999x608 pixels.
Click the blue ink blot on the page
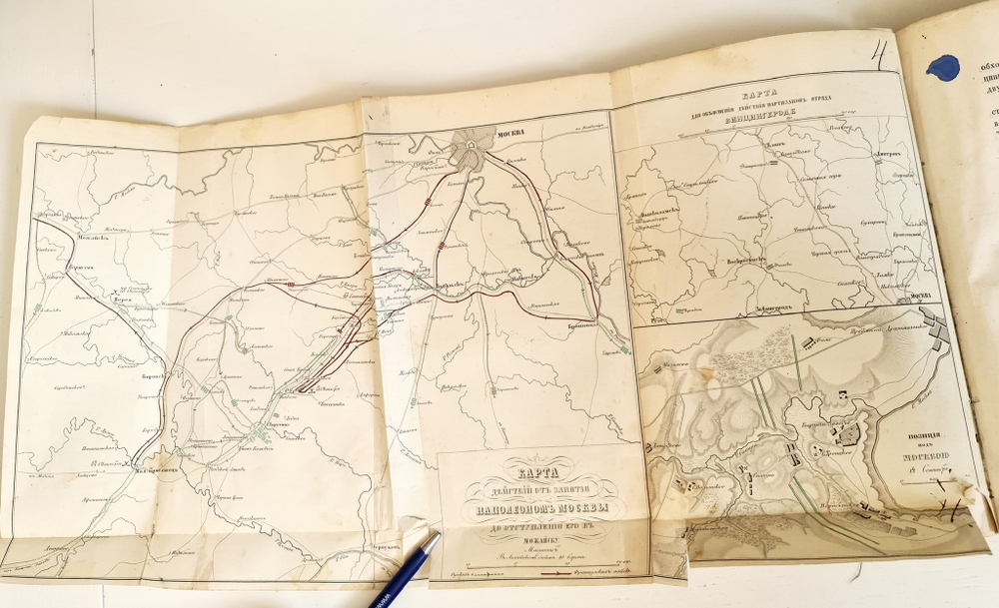[x=942, y=67]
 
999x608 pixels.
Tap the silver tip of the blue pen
[x=436, y=540]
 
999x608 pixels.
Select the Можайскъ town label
[x=65, y=238]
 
